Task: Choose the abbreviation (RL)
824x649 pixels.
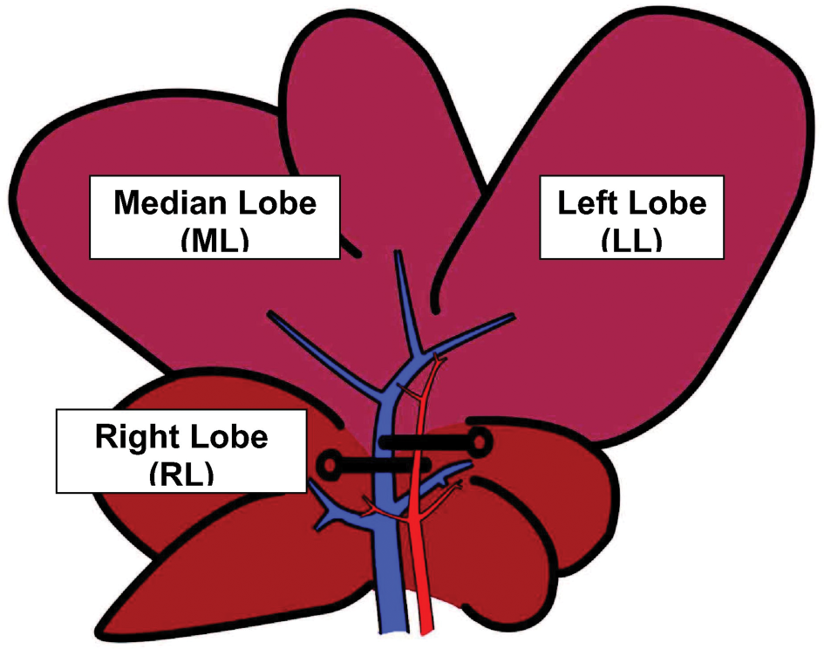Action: click(x=181, y=474)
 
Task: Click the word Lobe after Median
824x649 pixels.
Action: click(x=277, y=202)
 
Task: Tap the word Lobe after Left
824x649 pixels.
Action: click(x=667, y=202)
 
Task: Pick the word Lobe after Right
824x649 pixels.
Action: click(x=229, y=436)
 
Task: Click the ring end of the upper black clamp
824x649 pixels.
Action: click(x=480, y=441)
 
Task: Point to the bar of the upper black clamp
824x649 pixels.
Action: click(x=425, y=443)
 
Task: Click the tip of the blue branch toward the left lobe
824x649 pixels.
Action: click(x=513, y=316)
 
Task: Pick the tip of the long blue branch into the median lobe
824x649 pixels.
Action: click(x=270, y=313)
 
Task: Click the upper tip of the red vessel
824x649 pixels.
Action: click(x=438, y=358)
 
